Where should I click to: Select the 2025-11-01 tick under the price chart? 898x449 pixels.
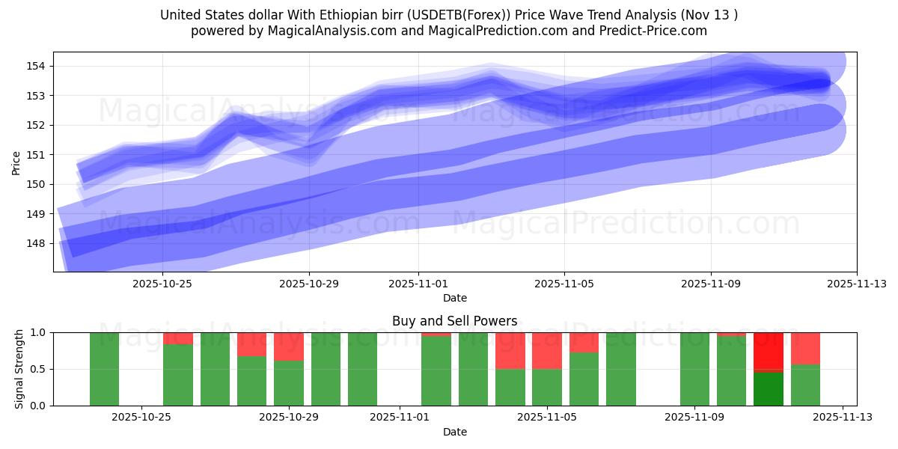pyautogui.click(x=418, y=284)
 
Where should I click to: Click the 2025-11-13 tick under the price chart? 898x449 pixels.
pyautogui.click(x=857, y=284)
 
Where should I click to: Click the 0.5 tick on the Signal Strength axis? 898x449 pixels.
pyautogui.click(x=38, y=369)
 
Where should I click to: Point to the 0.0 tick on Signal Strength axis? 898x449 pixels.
pyautogui.click(x=38, y=406)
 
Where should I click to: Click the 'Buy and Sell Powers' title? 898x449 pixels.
pyautogui.click(x=454, y=321)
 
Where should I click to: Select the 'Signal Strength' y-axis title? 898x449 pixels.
pyautogui.click(x=19, y=369)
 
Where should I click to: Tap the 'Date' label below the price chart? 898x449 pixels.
pyautogui.click(x=454, y=298)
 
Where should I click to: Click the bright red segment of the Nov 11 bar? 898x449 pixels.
pyautogui.click(x=769, y=350)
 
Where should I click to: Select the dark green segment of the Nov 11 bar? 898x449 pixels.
pyautogui.click(x=769, y=389)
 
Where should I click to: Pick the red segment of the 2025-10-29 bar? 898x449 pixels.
pyautogui.click(x=289, y=346)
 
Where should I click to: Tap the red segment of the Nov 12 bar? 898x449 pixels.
pyautogui.click(x=805, y=348)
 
